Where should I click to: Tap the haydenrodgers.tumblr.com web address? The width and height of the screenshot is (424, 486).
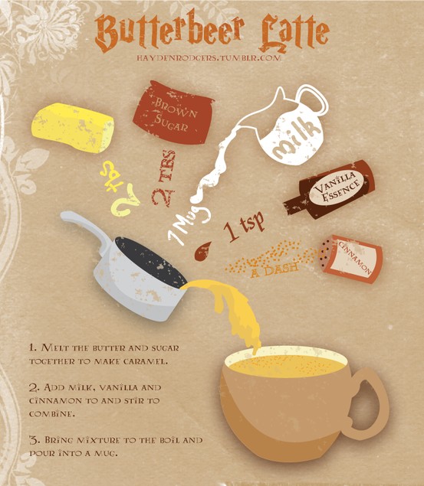pyautogui.click(x=209, y=58)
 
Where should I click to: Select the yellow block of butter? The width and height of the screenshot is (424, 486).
pyautogui.click(x=73, y=128)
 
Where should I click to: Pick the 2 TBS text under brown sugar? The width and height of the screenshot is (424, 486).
pyautogui.click(x=165, y=178)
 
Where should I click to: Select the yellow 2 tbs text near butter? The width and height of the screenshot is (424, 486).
pyautogui.click(x=120, y=188)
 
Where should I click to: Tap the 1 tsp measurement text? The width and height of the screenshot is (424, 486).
pyautogui.click(x=245, y=226)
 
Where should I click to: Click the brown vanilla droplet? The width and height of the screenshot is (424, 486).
pyautogui.click(x=202, y=252)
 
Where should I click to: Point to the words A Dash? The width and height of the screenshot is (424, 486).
pyautogui.click(x=274, y=269)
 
